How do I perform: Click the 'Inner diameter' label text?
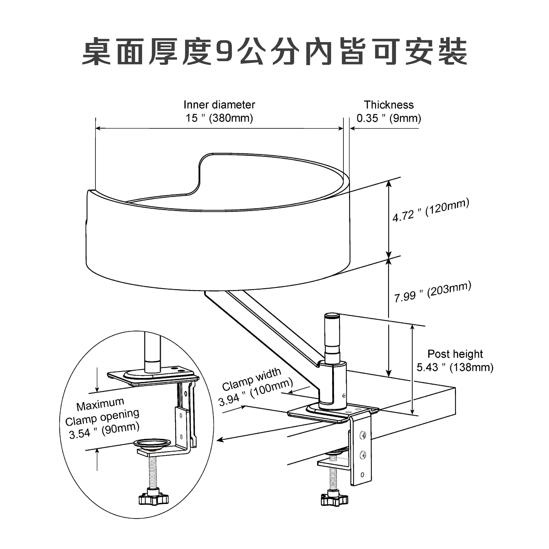pyautogui.click(x=219, y=105)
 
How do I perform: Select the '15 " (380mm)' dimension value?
pyautogui.click(x=219, y=118)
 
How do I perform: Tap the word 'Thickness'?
pyautogui.click(x=388, y=105)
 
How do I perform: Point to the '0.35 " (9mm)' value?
pyautogui.click(x=388, y=118)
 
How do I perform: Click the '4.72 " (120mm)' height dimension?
pyautogui.click(x=431, y=210)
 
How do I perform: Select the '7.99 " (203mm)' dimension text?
pyautogui.click(x=432, y=292)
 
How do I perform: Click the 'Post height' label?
pyautogui.click(x=455, y=354)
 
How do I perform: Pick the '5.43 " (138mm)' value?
pyautogui.click(x=455, y=368)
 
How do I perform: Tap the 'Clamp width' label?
pyautogui.click(x=251, y=379)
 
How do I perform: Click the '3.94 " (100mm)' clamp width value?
pyautogui.click(x=255, y=392)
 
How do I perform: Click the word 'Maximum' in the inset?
pyautogui.click(x=100, y=404)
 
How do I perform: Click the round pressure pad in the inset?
pyautogui.click(x=152, y=443)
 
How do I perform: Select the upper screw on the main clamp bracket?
pyautogui.click(x=363, y=435)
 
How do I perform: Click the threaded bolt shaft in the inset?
pyautogui.click(x=153, y=472)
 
